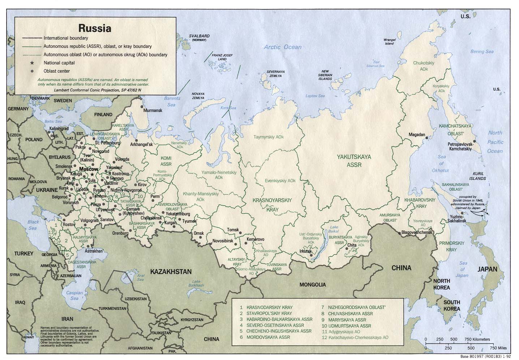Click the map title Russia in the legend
pos(95,28)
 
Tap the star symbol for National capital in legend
pos(32,63)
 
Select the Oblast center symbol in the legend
pos(32,71)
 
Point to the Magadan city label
pos(416,134)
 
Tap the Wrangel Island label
pos(389,41)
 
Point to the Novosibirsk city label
pos(223,240)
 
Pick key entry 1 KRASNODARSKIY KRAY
pos(269,307)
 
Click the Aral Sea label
pos(140,277)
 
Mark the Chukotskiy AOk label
pos(424,66)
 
